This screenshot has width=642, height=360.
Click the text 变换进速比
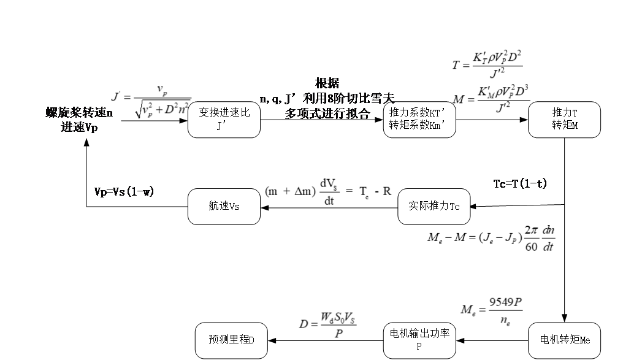pos(224,113)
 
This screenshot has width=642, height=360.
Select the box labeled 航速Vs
pos(224,207)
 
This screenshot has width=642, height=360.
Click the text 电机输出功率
pos(419,334)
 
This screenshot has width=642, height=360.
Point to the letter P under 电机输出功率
pos(419,347)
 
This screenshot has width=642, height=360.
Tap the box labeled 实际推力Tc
pos(434,207)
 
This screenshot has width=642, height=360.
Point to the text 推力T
pos(565,113)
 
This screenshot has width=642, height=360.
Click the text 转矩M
pos(565,126)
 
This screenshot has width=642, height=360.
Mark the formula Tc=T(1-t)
pos(520,183)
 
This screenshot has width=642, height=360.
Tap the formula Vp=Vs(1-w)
pos(124,191)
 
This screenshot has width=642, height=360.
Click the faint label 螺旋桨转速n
pos(79,113)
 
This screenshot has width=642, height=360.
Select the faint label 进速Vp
pos(79,127)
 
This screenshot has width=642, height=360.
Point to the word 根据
pos(327,83)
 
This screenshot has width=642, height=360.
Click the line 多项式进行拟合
pos(327,113)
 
